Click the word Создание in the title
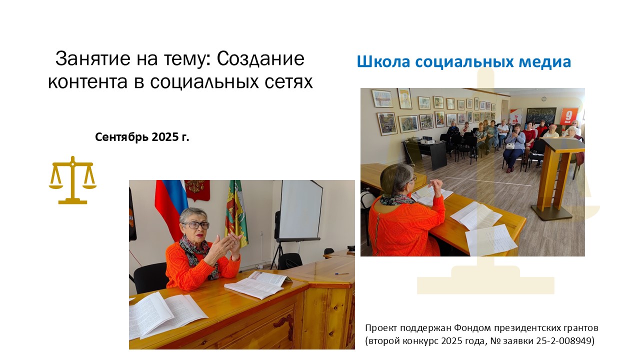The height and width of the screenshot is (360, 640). coord(260,58)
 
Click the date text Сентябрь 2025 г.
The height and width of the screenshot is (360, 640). coord(142,137)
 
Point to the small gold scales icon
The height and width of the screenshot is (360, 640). coord(72,180)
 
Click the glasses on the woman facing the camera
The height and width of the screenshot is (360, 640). coord(195,225)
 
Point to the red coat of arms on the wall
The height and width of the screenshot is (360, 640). coord(197,190)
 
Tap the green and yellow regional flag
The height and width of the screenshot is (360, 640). coord(235,213)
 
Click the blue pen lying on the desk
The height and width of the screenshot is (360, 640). coord(341,273)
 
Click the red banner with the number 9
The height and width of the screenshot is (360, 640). coord(569,116)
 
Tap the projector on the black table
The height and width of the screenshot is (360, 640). coord(429,139)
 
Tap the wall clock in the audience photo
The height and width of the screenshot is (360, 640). coord(544,99)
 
